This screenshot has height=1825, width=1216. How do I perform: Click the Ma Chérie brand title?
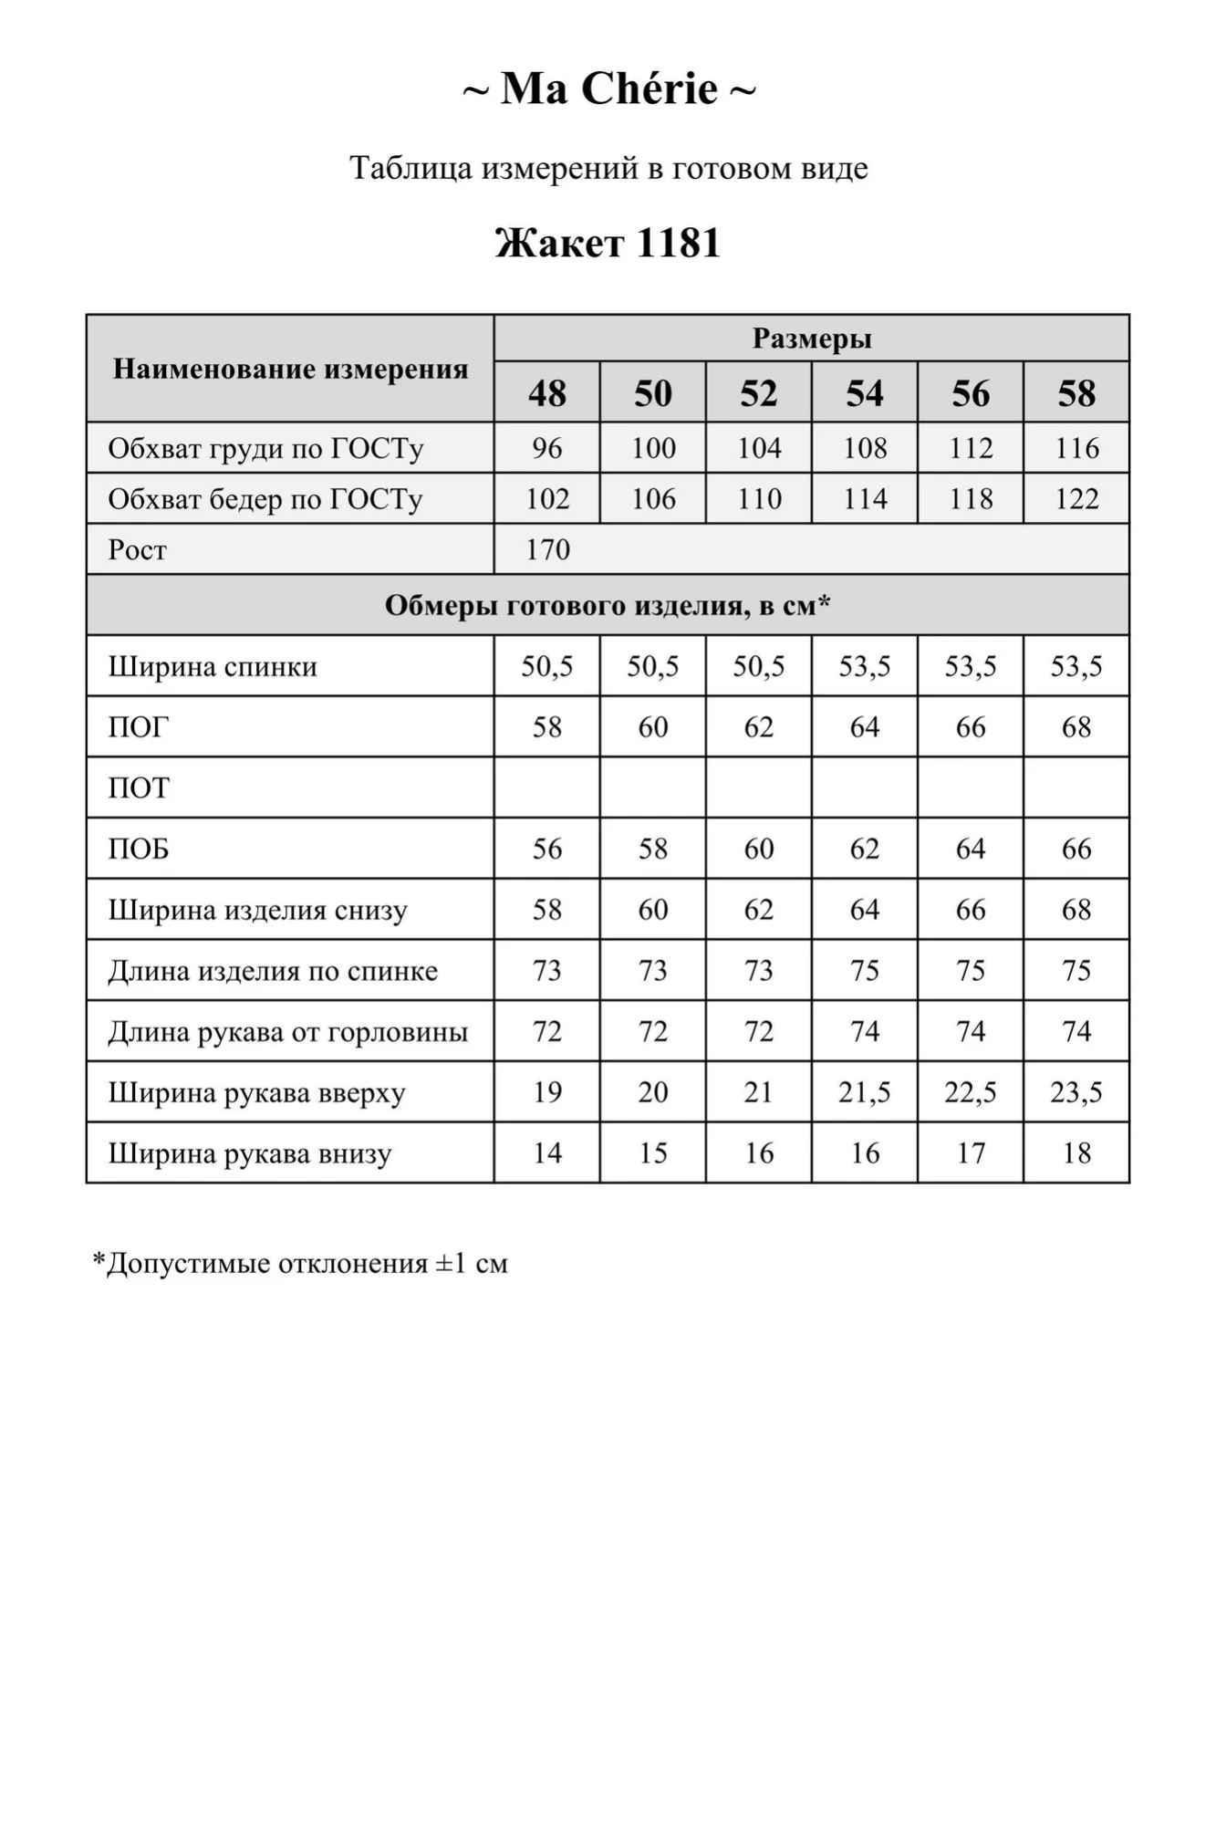pyautogui.click(x=608, y=89)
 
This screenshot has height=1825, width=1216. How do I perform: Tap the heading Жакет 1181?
pyautogui.click(x=608, y=243)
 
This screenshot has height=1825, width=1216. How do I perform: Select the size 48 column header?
pyautogui.click(x=547, y=393)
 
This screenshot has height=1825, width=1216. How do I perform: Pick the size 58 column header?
pyautogui.click(x=1076, y=393)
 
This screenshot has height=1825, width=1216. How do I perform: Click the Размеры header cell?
pyautogui.click(x=811, y=339)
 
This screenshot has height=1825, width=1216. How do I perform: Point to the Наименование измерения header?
pyautogui.click(x=290, y=369)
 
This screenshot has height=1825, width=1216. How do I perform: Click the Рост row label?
pyautogui.click(x=138, y=549)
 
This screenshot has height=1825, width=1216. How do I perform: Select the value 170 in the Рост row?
pyautogui.click(x=547, y=549)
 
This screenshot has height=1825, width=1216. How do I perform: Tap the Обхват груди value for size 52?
pyautogui.click(x=759, y=448)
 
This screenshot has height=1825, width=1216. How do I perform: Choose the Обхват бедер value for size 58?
pyautogui.click(x=1076, y=499)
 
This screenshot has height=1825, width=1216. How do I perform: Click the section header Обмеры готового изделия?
pyautogui.click(x=608, y=605)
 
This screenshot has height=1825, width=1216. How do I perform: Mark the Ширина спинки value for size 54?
pyautogui.click(x=865, y=666)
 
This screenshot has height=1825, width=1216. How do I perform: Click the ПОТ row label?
pyautogui.click(x=140, y=787)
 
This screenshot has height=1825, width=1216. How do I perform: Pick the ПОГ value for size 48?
pyautogui.click(x=547, y=727)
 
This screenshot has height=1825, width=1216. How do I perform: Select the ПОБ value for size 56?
pyautogui.click(x=971, y=849)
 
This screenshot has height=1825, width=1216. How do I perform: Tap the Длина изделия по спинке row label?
pyautogui.click(x=273, y=971)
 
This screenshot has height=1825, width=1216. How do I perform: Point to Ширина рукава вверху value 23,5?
pyautogui.click(x=1076, y=1092)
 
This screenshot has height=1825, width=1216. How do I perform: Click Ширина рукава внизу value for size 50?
pyautogui.click(x=653, y=1153)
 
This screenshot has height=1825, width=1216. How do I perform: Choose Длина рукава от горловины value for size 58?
pyautogui.click(x=1076, y=1031)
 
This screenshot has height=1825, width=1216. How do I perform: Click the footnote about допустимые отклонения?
pyautogui.click(x=300, y=1264)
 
